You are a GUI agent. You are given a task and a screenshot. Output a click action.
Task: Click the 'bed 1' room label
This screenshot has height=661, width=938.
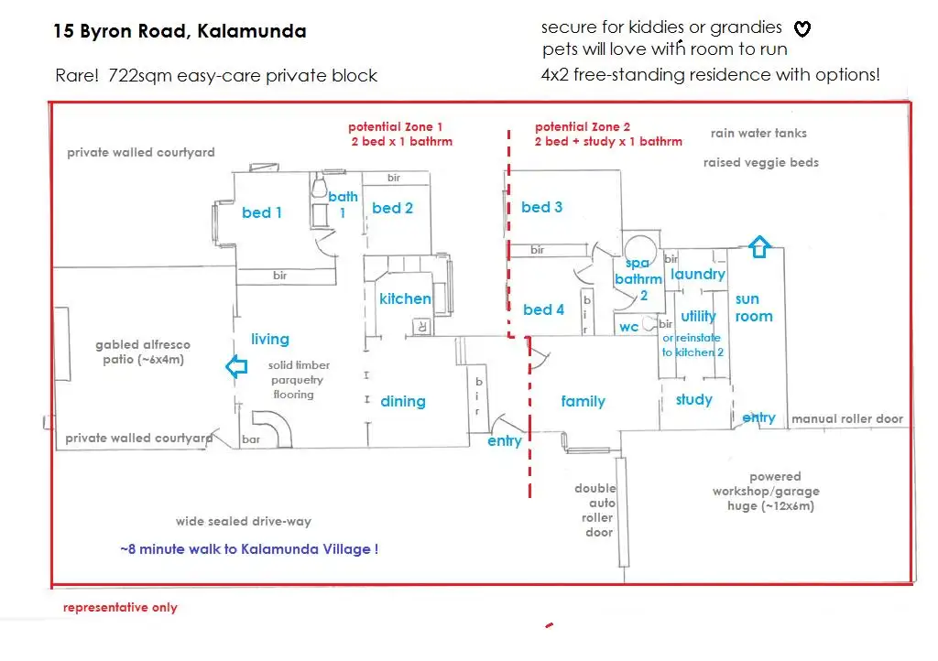point(262,212)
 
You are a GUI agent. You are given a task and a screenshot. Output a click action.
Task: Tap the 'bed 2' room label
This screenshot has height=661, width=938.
point(392,208)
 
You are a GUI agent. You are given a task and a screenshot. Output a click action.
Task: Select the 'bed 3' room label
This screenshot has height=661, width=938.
point(542,207)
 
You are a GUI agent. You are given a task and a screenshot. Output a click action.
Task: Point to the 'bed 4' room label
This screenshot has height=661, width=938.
point(544,309)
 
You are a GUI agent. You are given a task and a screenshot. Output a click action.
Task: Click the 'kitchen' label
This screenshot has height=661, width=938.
point(405,298)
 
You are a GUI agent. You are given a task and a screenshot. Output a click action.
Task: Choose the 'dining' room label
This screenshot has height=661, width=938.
point(403,401)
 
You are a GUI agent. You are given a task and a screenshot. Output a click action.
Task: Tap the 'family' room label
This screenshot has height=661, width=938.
point(584,401)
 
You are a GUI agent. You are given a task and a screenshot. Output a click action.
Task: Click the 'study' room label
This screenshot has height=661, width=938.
point(694,399)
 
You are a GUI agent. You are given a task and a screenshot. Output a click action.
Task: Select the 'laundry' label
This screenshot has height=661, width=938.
point(698,274)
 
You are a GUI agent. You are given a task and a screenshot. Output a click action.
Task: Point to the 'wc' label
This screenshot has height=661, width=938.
point(628,327)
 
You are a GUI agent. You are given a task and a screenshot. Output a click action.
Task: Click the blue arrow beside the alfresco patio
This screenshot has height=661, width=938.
point(236,368)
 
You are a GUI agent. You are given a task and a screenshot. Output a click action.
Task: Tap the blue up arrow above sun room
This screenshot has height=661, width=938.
point(759,246)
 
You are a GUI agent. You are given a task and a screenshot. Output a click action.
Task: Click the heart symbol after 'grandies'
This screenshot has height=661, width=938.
point(802,29)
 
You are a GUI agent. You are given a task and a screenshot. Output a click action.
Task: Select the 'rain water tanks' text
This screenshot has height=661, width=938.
point(758,133)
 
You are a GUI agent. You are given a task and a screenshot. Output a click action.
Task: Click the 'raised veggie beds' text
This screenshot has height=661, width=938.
point(761,162)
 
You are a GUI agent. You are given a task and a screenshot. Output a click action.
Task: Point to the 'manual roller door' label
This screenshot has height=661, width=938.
point(847,418)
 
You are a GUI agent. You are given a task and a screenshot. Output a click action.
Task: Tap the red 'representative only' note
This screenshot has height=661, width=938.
point(120,607)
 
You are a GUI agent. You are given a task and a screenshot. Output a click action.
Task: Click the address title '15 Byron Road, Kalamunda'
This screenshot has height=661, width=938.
point(180,31)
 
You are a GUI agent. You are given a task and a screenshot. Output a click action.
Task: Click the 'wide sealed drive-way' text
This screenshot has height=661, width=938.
point(244,521)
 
